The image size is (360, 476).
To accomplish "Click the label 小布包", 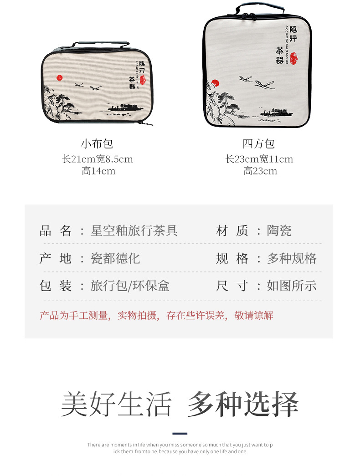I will pos(97,144).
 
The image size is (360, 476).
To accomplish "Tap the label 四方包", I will pos(259,144).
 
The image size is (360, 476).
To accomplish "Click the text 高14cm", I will pos(98,171).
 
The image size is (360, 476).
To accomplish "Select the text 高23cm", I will pos(260,171).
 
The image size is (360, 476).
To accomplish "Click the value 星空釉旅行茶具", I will pos(134,230).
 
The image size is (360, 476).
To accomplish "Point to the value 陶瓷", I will pos(279,230).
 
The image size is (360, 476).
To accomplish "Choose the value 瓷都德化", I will pos(115,258).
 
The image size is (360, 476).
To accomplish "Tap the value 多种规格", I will pos(292,258).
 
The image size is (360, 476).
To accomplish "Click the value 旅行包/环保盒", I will pos(130,286).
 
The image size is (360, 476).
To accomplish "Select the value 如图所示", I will pos(292,286).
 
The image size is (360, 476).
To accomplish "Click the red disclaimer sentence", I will pos(156,315).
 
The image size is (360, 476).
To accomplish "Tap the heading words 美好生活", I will pos(117,404).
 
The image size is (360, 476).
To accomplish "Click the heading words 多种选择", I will pos(243,404).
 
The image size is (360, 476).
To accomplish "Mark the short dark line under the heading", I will pos(180,434).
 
